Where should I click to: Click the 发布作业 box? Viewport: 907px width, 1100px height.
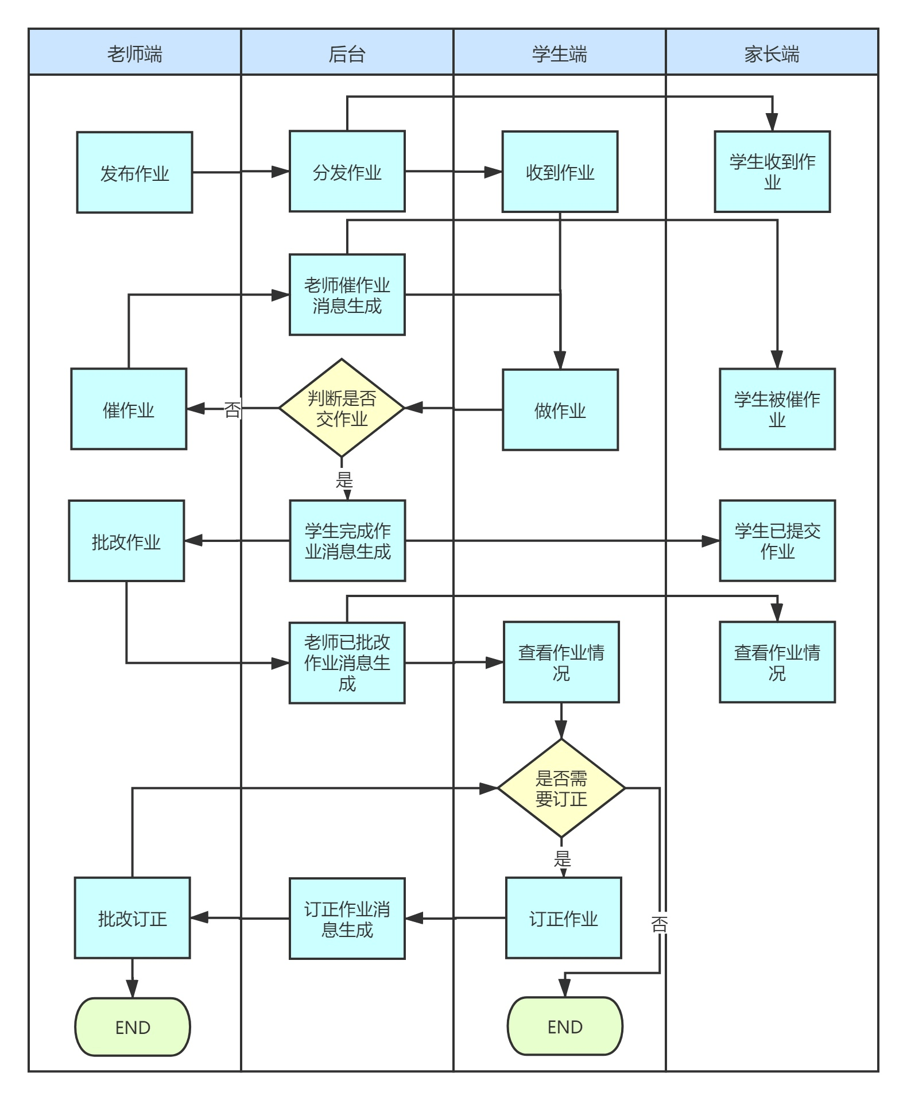[x=135, y=172]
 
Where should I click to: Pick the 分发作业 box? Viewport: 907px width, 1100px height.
[x=347, y=171]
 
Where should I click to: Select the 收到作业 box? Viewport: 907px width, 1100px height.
[x=560, y=172]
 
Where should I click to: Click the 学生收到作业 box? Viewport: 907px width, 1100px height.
[x=773, y=172]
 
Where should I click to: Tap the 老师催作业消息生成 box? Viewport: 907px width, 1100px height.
[x=347, y=295]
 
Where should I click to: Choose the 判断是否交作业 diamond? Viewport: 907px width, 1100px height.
[x=342, y=408]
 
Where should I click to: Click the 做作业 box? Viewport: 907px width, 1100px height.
[x=560, y=409]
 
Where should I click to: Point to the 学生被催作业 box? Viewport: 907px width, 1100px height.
[x=777, y=409]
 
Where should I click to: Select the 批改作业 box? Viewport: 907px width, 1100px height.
[x=126, y=541]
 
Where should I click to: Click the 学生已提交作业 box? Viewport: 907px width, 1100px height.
[x=777, y=541]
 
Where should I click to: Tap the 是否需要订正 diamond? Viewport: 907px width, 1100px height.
[x=561, y=788]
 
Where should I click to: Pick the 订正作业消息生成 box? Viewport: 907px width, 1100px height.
[x=347, y=919]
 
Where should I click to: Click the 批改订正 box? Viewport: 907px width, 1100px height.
[x=133, y=918]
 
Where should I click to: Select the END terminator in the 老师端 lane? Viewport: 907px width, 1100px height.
[x=133, y=1027]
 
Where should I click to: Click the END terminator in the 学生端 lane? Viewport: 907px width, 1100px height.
[x=565, y=1027]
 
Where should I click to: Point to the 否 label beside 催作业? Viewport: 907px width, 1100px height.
[x=232, y=409]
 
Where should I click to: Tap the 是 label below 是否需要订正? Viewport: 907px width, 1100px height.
[x=563, y=859]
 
